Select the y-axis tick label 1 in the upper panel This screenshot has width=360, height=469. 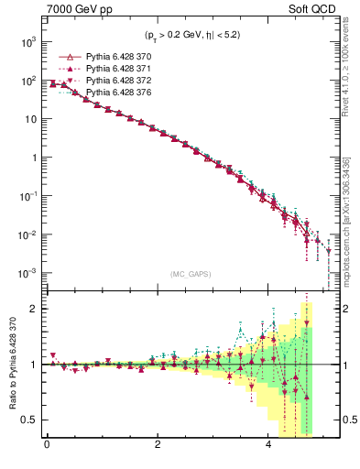pos(33,158)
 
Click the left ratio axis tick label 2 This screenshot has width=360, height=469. pos(33,309)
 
